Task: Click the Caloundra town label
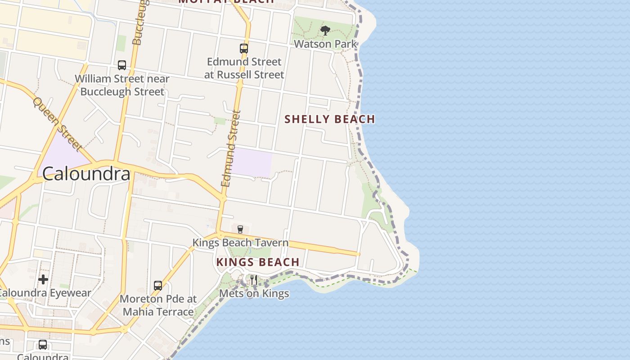(x=86, y=174)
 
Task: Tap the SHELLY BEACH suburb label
(x=330, y=119)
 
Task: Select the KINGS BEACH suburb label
(x=258, y=262)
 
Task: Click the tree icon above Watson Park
(x=325, y=31)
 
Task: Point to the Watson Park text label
(x=325, y=44)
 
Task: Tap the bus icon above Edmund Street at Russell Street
(x=244, y=48)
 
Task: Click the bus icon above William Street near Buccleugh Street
(x=122, y=65)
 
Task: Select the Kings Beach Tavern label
(x=240, y=243)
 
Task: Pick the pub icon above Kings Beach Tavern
(x=240, y=229)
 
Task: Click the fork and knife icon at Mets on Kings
(x=254, y=280)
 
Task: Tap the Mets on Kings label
(x=254, y=293)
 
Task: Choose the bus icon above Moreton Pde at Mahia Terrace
(x=158, y=285)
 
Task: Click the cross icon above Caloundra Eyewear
(x=43, y=279)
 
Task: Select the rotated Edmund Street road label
(x=231, y=148)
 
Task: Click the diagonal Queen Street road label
(x=57, y=124)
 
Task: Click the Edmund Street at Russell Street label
(x=244, y=68)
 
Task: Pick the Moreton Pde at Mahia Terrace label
(x=158, y=305)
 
